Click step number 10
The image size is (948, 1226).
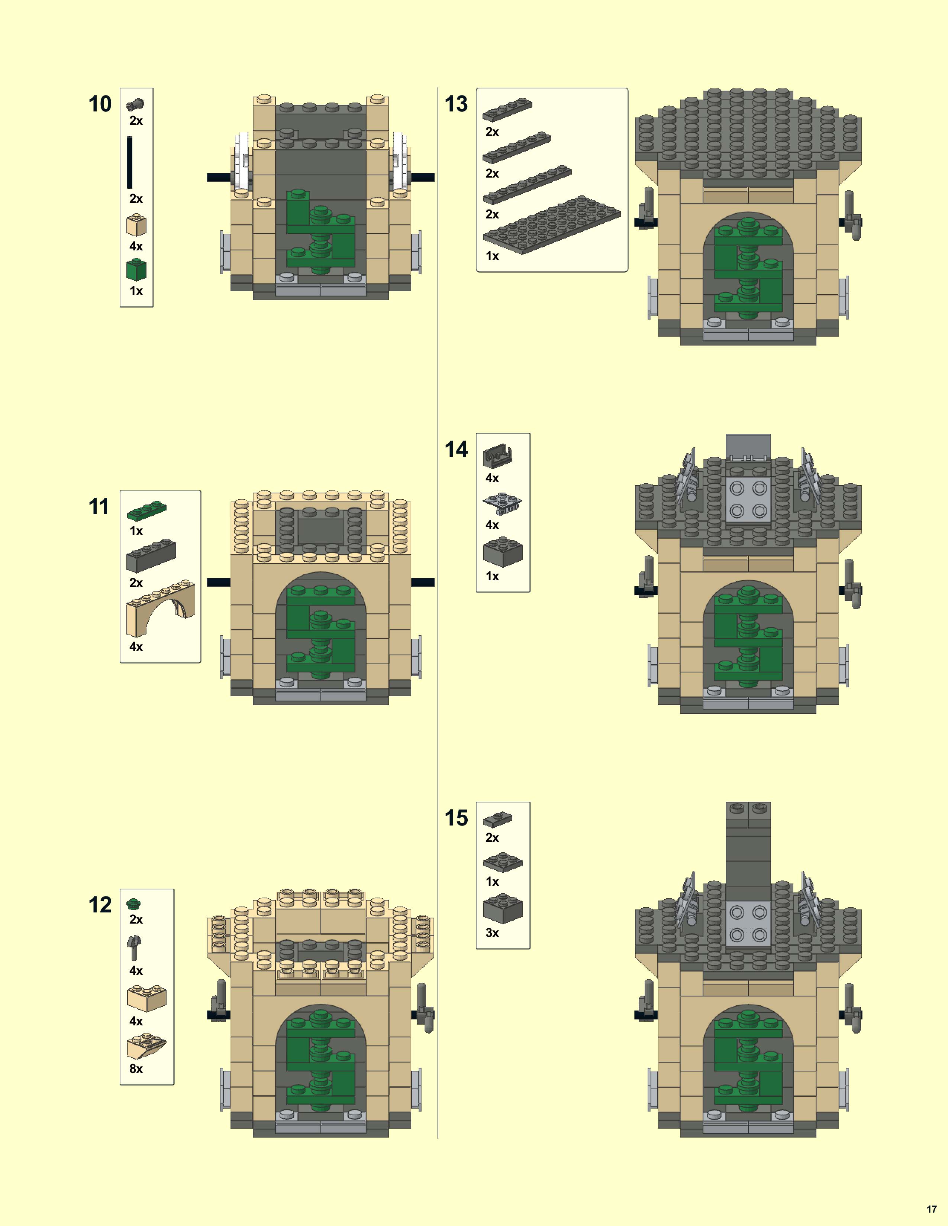pos(100,104)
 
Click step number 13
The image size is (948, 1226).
pos(456,104)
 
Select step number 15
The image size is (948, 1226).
pos(456,818)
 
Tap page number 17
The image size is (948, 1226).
pos(931,1209)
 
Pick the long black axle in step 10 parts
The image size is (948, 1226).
pos(130,162)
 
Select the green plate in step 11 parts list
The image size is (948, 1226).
pos(146,510)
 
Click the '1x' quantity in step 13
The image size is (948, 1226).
pos(492,256)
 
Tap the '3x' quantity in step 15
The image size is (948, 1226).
pos(492,933)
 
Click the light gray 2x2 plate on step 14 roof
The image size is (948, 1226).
pos(748,499)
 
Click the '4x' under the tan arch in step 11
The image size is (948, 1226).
pos(136,647)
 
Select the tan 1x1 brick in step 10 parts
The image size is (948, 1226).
pos(136,225)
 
